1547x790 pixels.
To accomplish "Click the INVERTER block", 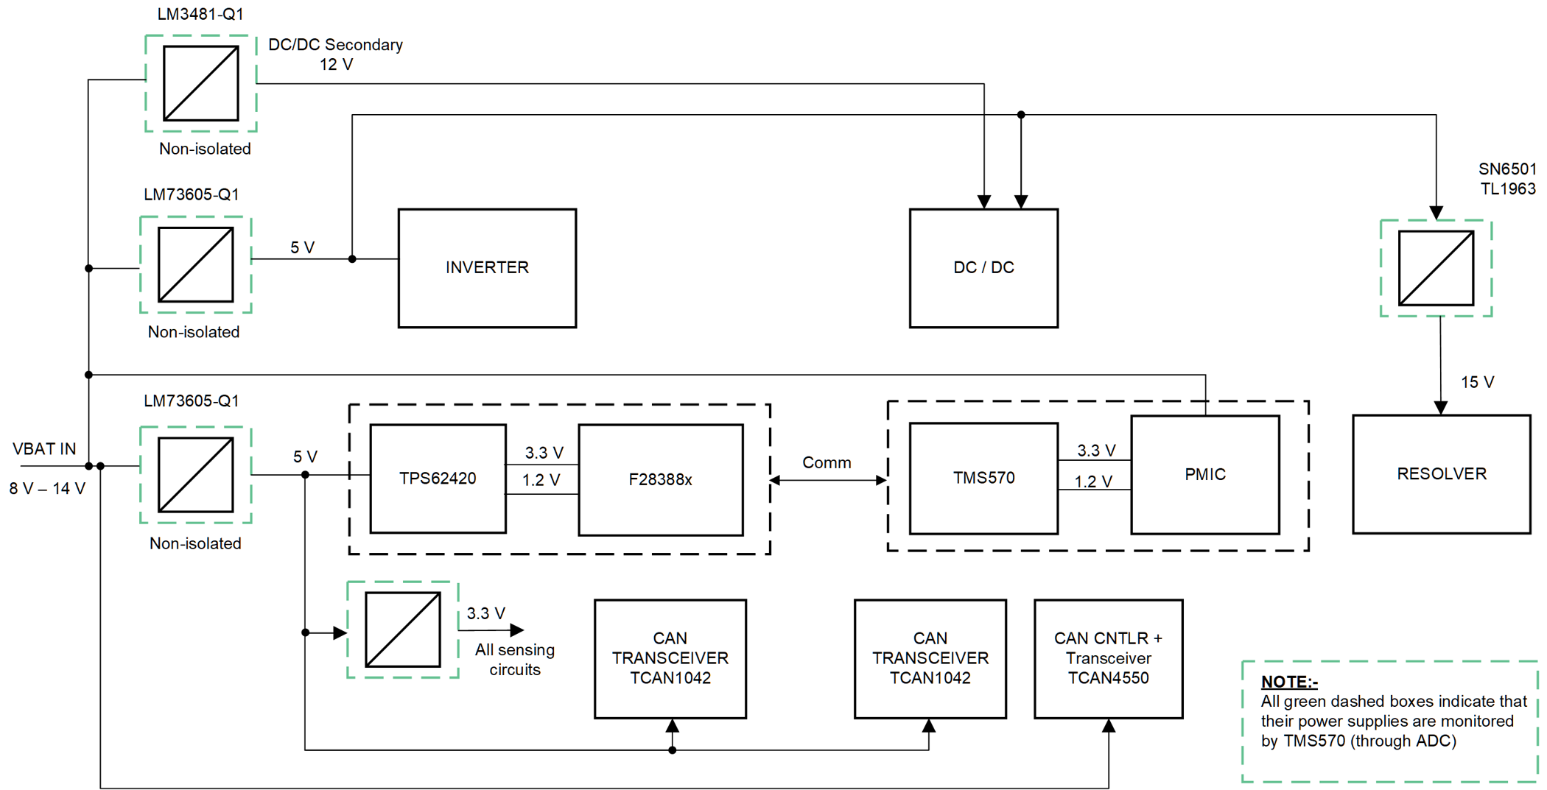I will click(x=487, y=268).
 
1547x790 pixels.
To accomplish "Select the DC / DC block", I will click(x=983, y=268).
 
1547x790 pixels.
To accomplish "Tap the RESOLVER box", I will click(x=1441, y=474).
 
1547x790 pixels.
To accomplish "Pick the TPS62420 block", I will click(x=438, y=479).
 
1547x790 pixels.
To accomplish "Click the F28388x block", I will click(x=660, y=480).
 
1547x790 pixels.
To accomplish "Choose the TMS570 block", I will click(x=983, y=479).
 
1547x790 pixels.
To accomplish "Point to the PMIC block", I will click(x=1204, y=475).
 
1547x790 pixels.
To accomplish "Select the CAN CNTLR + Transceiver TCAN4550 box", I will click(x=1108, y=658).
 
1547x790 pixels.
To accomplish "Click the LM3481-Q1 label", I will click(x=200, y=14).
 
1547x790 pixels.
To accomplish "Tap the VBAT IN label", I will click(x=44, y=449).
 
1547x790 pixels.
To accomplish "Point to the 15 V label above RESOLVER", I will click(x=1477, y=382).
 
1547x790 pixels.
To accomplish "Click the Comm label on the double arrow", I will click(x=827, y=462).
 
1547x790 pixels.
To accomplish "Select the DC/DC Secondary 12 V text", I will click(x=335, y=54).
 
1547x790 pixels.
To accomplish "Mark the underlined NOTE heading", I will click(x=1289, y=682).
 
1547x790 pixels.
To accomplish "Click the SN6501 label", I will click(x=1507, y=169).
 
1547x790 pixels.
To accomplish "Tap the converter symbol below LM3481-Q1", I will click(x=201, y=83).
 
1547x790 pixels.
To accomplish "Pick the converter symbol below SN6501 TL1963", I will click(x=1436, y=268).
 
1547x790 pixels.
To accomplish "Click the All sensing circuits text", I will click(x=514, y=660).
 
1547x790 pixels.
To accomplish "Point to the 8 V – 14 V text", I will click(x=47, y=488).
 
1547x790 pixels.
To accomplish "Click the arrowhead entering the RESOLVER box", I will click(x=1441, y=408).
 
